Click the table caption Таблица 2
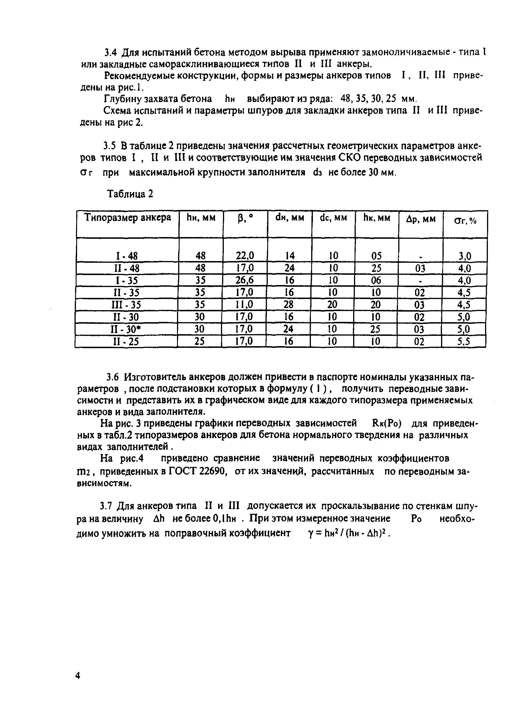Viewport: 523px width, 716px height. point(130,194)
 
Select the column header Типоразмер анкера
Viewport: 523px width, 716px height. point(128,218)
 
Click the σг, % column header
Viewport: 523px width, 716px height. point(465,221)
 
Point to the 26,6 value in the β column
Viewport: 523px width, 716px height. point(245,280)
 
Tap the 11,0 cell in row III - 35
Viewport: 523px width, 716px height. point(244,305)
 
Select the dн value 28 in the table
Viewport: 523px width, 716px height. point(289,305)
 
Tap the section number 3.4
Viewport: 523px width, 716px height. point(111,52)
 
